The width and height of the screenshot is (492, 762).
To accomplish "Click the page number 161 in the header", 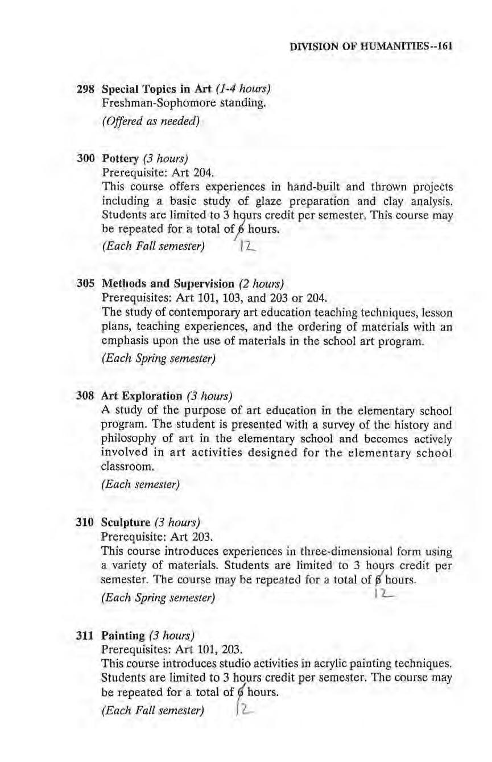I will (443, 46).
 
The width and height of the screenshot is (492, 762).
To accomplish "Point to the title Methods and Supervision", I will (168, 283).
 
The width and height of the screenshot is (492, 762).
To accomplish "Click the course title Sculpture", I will (125, 522).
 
